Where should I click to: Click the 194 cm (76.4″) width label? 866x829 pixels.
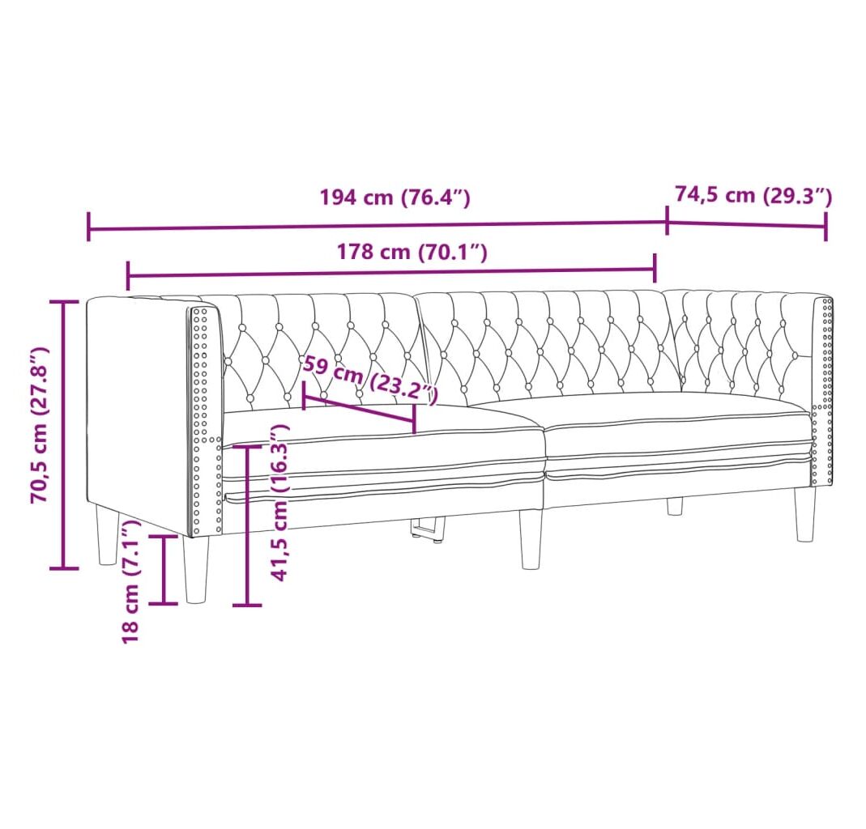[x=395, y=197]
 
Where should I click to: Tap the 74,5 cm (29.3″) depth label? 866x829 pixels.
[x=753, y=195]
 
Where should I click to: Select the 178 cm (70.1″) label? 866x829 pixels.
[x=412, y=253]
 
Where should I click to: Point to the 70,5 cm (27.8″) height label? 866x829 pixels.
[x=41, y=424]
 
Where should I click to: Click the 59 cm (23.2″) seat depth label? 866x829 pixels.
[x=370, y=379]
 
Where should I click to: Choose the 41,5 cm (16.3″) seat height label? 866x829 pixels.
[x=280, y=502]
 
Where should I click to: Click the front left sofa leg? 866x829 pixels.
[x=197, y=569]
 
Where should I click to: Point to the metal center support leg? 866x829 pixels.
[x=429, y=527]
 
